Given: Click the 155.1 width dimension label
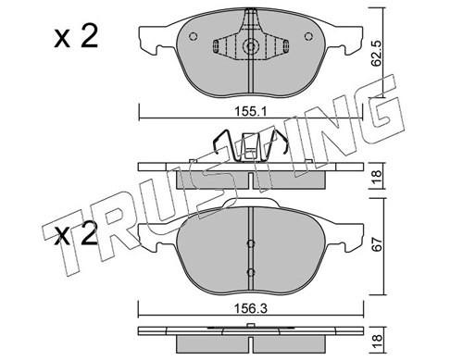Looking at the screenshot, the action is (x=250, y=111).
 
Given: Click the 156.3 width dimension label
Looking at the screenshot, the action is (x=250, y=308).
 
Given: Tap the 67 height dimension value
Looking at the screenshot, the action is (x=377, y=244).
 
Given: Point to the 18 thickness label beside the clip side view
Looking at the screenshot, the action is (x=377, y=177).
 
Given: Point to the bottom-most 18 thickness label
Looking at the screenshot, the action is (x=377, y=341).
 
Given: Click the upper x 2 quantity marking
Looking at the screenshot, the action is (x=76, y=37).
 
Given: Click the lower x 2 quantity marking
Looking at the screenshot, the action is (x=76, y=233).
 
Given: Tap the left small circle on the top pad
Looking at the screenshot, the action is (x=193, y=36).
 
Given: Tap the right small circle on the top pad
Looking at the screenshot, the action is (x=308, y=36).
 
